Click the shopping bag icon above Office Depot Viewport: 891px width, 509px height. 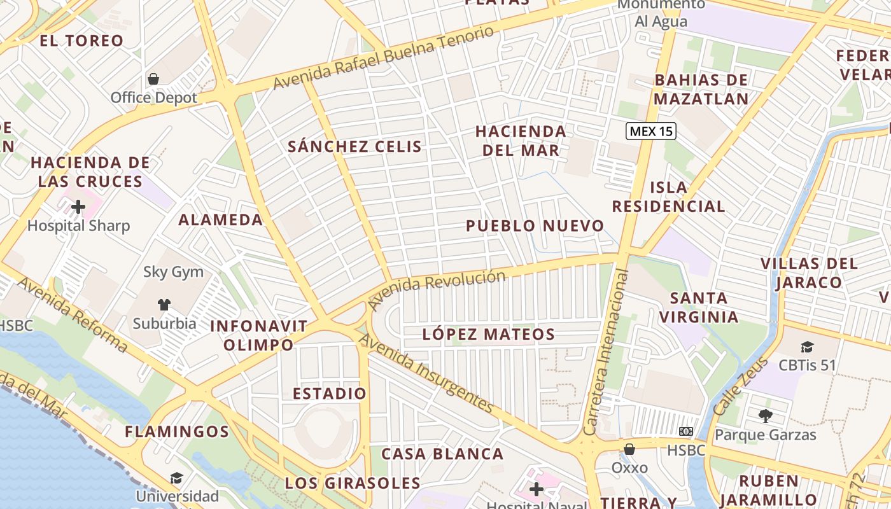pos(153,79)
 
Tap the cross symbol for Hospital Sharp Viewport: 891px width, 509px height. pos(78,207)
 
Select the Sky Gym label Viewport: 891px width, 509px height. pos(173,272)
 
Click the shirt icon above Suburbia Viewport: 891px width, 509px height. pos(164,305)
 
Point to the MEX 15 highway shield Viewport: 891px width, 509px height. pos(650,132)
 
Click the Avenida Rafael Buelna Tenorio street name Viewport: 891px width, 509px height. pos(384,57)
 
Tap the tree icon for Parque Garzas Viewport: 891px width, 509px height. pos(765,416)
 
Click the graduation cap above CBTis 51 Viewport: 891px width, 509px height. pos(807,347)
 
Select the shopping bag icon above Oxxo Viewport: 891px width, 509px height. pos(629,449)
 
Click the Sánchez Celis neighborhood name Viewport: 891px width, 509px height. pos(354,146)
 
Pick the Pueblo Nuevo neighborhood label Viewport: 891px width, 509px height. pos(535,226)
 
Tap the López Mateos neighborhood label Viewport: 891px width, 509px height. pos(489,334)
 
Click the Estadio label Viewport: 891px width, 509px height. pos(329,393)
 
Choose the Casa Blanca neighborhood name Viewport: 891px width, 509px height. pos(442,454)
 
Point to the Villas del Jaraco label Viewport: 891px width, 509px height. pos(809,273)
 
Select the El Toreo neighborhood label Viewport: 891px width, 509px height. pos(81,41)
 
